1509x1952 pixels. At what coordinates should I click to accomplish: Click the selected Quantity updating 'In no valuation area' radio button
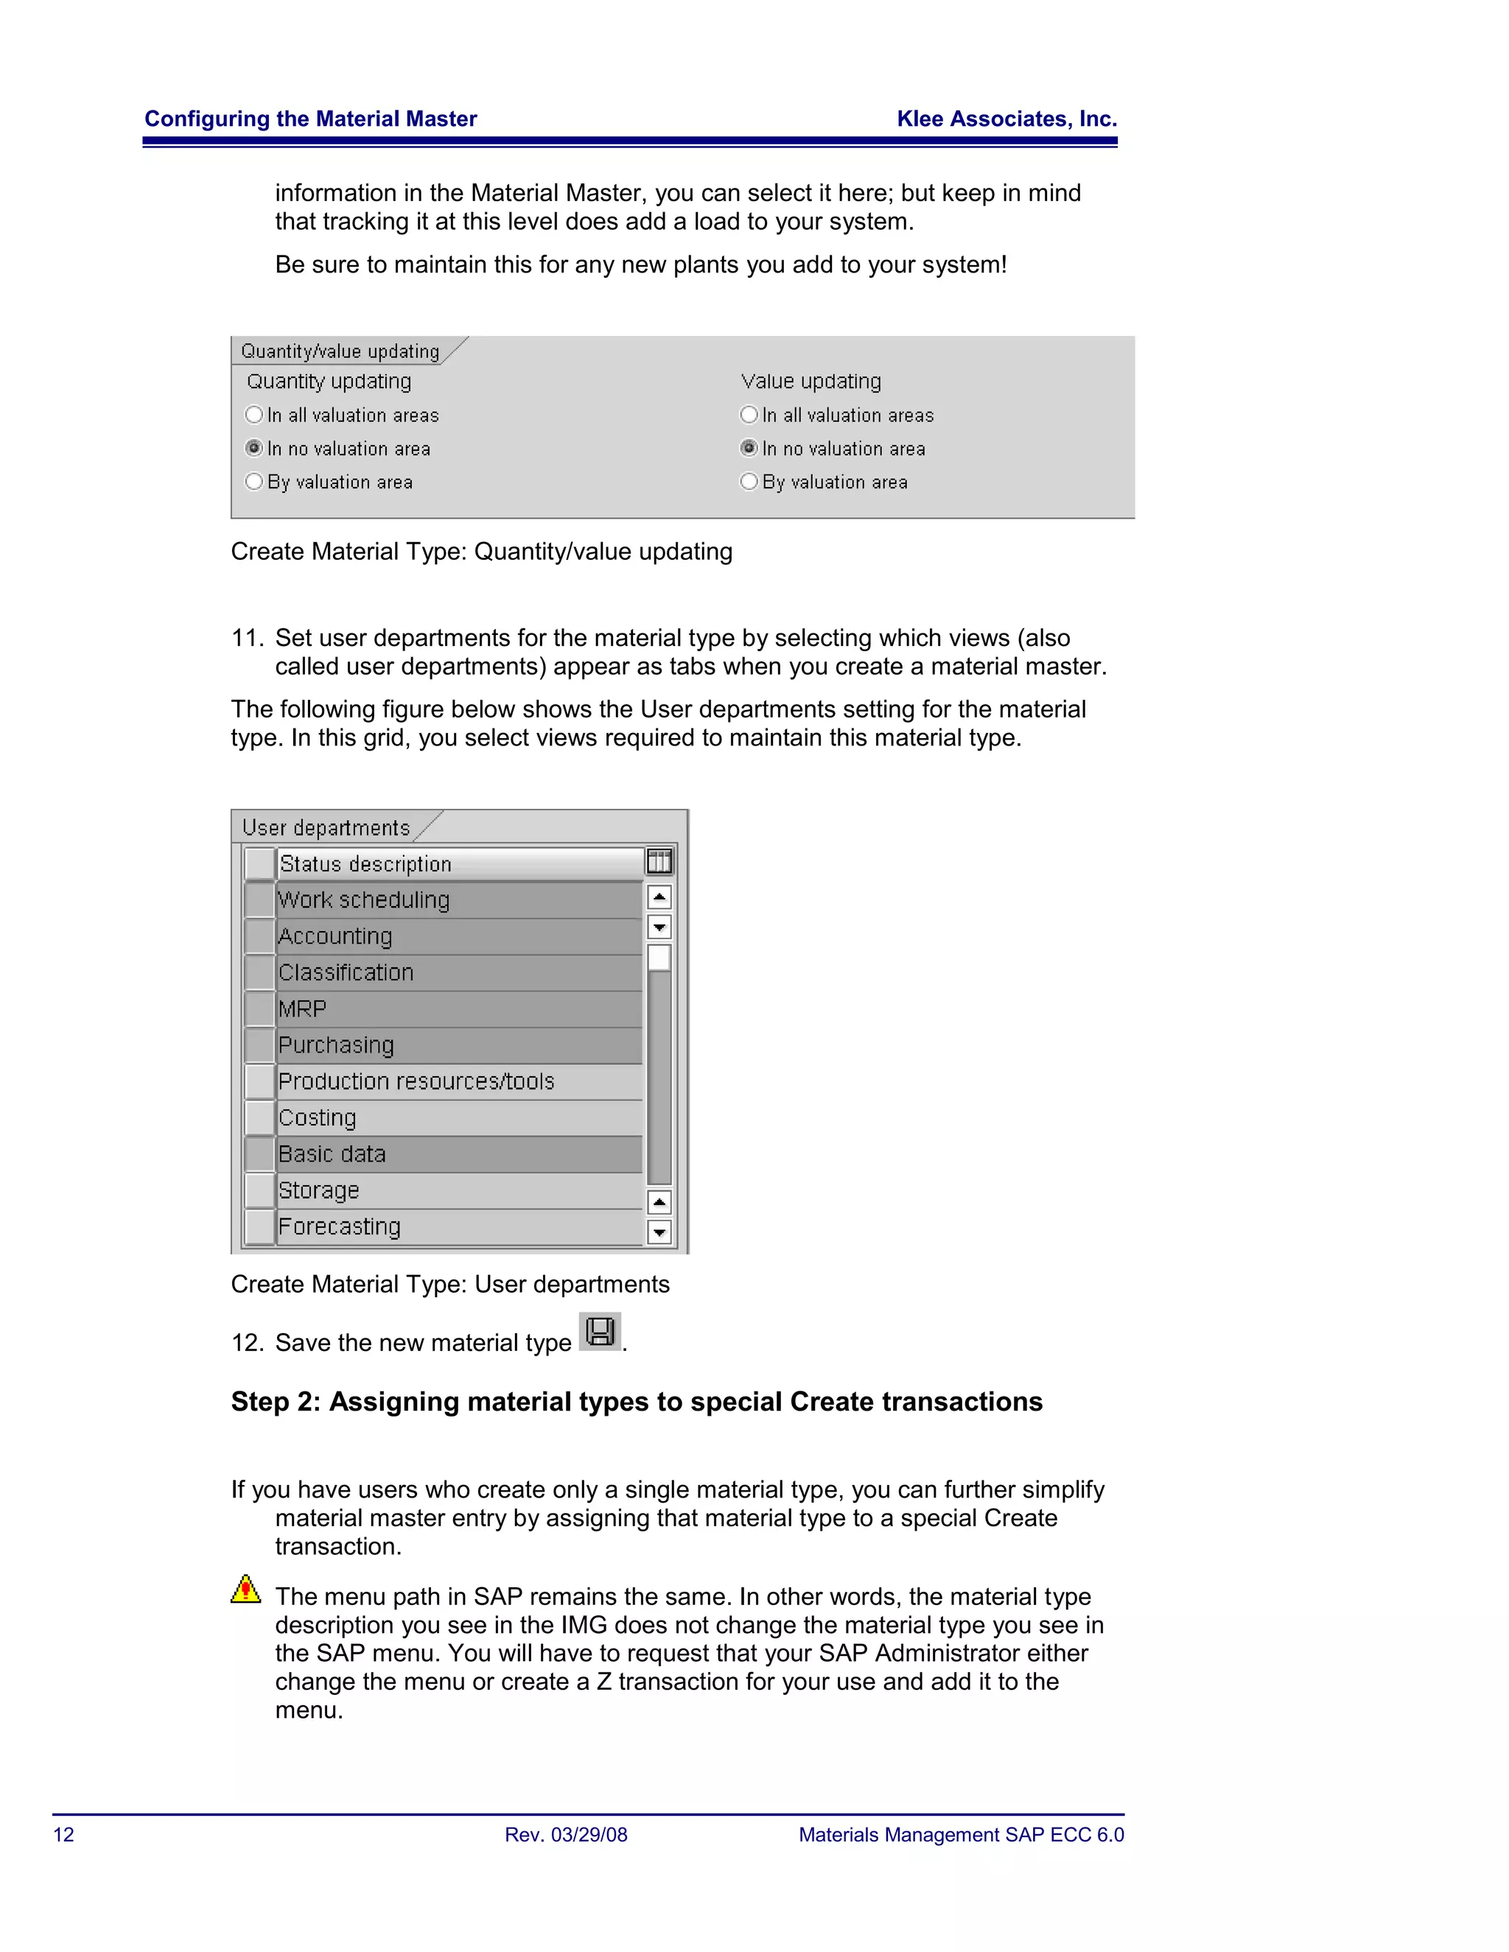[254, 448]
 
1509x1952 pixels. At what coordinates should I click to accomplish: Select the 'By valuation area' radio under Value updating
[749, 482]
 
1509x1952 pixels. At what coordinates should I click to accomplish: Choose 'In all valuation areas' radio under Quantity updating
[254, 415]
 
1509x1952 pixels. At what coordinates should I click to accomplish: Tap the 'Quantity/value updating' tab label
[340, 351]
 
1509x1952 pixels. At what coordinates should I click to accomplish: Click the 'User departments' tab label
[326, 828]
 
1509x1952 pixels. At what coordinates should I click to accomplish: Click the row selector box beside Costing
[259, 1117]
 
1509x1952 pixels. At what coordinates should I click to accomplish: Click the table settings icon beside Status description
[659, 862]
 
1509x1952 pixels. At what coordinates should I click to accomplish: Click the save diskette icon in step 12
[600, 1332]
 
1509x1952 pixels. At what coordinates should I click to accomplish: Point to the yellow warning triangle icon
[246, 1589]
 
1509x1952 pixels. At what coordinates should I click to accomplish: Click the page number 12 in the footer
[63, 1835]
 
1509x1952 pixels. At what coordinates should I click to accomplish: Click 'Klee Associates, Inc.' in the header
[1006, 119]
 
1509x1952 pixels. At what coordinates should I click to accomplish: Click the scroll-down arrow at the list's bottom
[659, 1232]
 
